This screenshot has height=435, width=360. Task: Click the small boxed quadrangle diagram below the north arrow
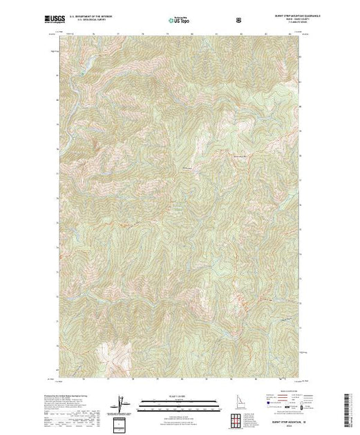(122, 421)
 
